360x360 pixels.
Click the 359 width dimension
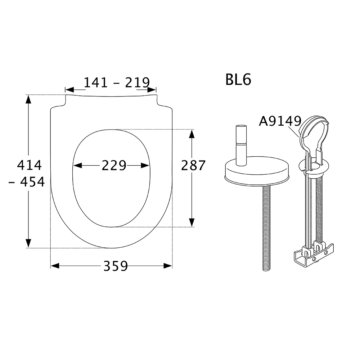click(x=116, y=266)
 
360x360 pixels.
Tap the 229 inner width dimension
click(x=114, y=165)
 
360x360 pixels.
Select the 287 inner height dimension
click(x=193, y=165)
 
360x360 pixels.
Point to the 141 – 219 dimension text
click(x=117, y=82)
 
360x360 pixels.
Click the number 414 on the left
click(x=30, y=165)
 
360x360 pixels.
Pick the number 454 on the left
click(x=32, y=182)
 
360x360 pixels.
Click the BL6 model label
click(x=238, y=80)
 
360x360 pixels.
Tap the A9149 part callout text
click(x=280, y=121)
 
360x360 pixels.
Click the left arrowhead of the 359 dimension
click(x=55, y=266)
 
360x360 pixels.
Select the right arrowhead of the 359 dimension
click(x=168, y=266)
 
